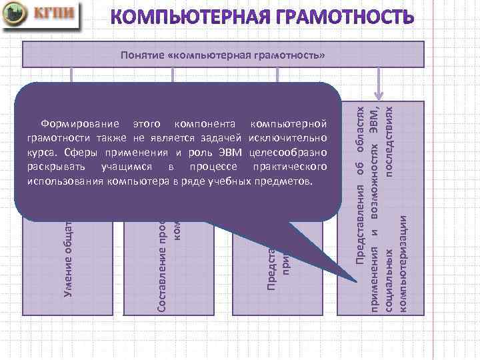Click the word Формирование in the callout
click(81, 125)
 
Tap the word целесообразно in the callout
click(287, 153)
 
